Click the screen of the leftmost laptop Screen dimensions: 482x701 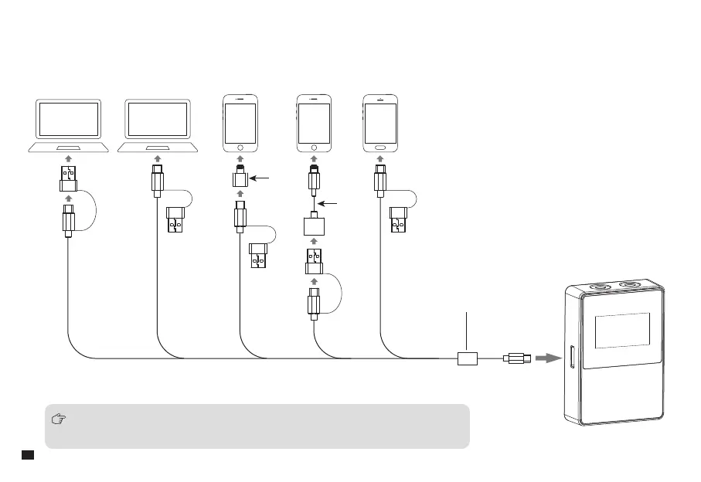pyautogui.click(x=70, y=120)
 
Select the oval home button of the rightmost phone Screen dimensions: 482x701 pyautogui.click(x=381, y=146)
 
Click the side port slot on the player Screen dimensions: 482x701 pyautogui.click(x=572, y=358)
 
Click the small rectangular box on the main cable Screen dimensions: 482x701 pyautogui.click(x=468, y=358)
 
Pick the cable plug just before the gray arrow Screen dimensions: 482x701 pyautogui.click(x=516, y=358)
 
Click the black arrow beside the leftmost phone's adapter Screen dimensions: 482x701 pyautogui.click(x=264, y=178)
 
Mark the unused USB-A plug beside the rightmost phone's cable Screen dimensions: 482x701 pyautogui.click(x=399, y=221)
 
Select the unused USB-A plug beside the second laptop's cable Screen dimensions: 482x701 pyautogui.click(x=177, y=221)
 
